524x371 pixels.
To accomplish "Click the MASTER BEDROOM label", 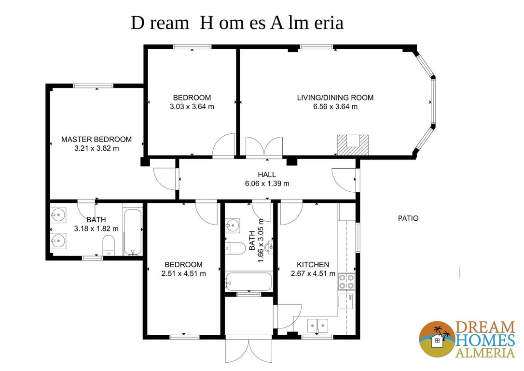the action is (96, 139).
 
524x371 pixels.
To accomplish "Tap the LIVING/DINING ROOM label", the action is (335, 98).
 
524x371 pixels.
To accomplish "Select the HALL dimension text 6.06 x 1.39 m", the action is (267, 183).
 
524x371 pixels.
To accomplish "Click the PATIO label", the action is (408, 218).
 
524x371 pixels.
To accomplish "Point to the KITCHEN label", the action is (313, 265).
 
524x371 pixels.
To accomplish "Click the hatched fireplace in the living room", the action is (353, 145).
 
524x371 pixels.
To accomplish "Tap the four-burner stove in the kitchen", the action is (346, 281).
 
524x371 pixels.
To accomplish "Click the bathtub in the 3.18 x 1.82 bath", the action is (133, 232).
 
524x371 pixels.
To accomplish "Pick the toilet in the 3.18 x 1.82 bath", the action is (108, 245).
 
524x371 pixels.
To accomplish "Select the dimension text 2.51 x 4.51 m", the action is (183, 273).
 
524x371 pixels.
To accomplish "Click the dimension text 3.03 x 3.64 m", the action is (192, 107).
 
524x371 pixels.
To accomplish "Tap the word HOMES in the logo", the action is (484, 341).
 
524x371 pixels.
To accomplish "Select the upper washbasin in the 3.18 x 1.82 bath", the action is (58, 215).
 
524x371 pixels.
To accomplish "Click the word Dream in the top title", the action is (160, 23).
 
